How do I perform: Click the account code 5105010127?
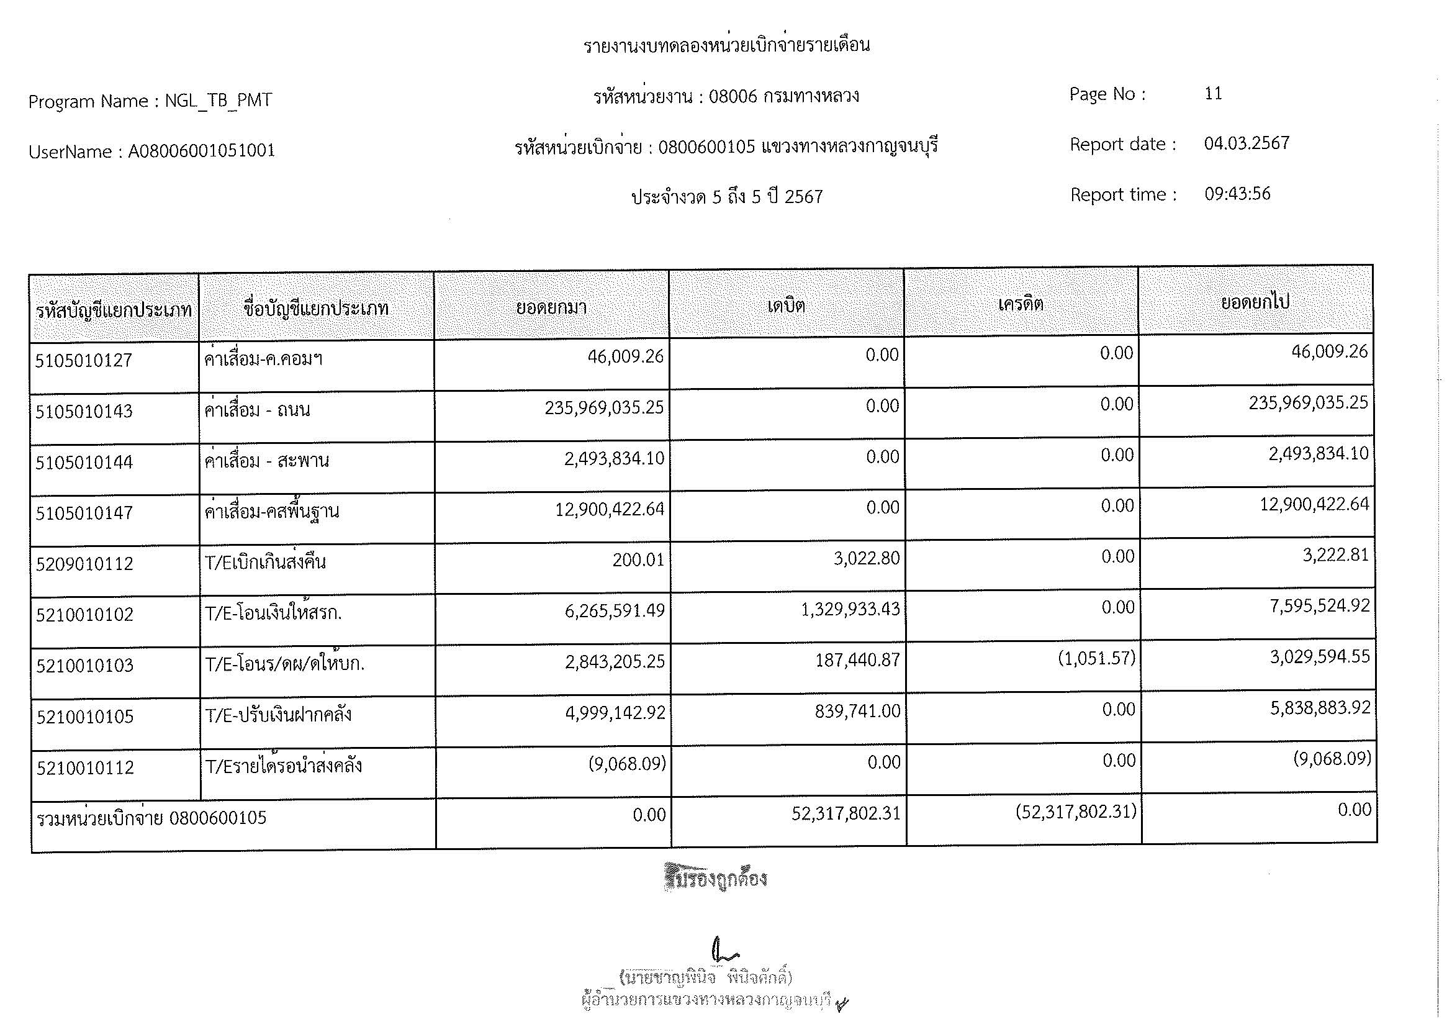pyautogui.click(x=83, y=361)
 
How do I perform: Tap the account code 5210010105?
pyautogui.click(x=85, y=717)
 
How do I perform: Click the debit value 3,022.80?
pyautogui.click(x=867, y=558)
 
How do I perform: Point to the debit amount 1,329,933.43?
pyautogui.click(x=850, y=610)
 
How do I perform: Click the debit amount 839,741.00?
pyautogui.click(x=857, y=712)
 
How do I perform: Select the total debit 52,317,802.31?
pyautogui.click(x=845, y=813)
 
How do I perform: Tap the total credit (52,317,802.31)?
pyautogui.click(x=1076, y=812)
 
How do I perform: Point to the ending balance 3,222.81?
pyautogui.click(x=1335, y=555)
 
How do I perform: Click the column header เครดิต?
pyautogui.click(x=1021, y=305)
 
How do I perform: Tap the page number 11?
pyautogui.click(x=1213, y=94)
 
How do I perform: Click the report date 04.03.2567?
pyautogui.click(x=1247, y=143)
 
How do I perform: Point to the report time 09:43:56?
pyautogui.click(x=1237, y=194)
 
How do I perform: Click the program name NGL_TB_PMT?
pyautogui.click(x=218, y=101)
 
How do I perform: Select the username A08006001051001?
pyautogui.click(x=202, y=151)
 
